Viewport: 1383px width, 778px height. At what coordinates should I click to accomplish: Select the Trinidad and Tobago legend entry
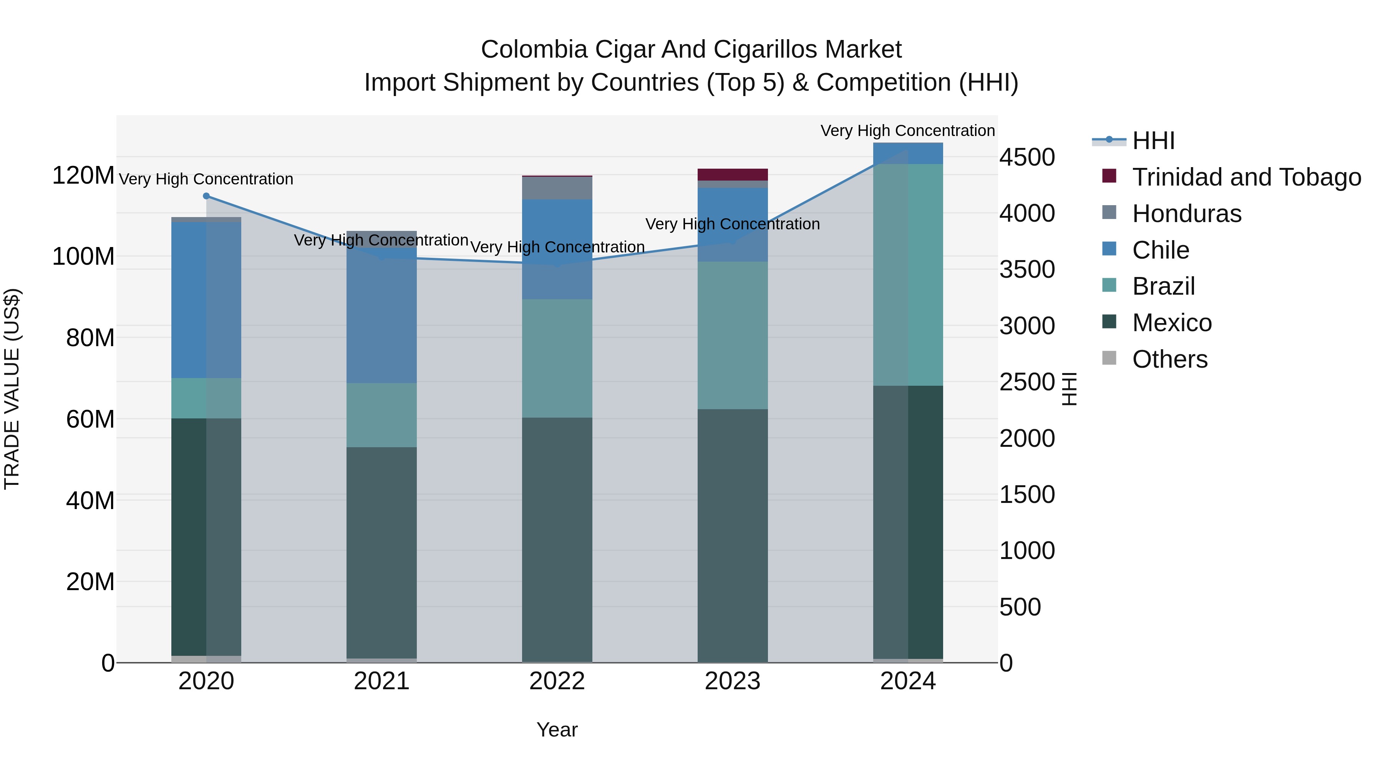coord(1245,177)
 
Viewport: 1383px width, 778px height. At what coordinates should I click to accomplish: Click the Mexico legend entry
coord(1171,323)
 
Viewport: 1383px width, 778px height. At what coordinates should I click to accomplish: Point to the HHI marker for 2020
coord(206,196)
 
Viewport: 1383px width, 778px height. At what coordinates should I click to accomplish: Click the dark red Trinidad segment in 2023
coord(732,174)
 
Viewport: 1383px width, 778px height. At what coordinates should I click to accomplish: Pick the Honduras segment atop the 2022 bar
coord(557,188)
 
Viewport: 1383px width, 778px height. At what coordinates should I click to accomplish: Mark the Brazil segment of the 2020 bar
coord(206,398)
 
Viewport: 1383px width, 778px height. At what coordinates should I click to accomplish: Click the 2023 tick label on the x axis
coord(732,681)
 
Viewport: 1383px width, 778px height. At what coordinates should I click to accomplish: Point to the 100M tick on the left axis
coord(83,257)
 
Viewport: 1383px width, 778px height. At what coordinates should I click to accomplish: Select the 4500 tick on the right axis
coord(1026,158)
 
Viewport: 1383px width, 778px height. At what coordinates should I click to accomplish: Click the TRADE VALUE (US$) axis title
coord(12,389)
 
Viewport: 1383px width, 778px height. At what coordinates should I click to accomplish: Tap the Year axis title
coord(557,730)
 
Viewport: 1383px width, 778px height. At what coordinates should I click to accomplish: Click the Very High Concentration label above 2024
coord(907,131)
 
